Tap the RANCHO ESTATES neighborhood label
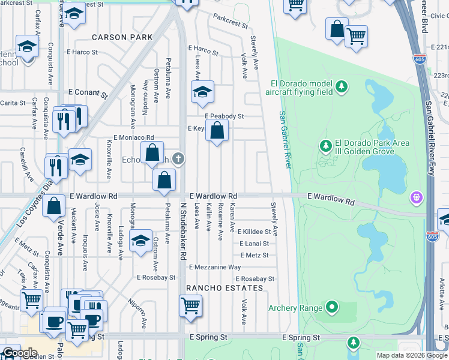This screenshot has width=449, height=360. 224,288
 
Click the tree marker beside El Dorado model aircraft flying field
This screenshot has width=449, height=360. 342,88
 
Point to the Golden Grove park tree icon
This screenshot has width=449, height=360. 326,146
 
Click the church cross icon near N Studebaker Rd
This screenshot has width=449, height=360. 177,159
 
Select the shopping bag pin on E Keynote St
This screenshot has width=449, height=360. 217,130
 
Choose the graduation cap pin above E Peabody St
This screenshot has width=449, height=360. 202,92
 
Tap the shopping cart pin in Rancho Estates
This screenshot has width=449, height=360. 190,305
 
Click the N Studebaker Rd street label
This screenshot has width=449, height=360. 181,230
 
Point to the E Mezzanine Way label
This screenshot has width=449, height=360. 214,267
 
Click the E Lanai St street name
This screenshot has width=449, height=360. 254,244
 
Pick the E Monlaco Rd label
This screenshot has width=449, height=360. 130,137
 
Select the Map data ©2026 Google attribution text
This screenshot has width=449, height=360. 411,355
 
